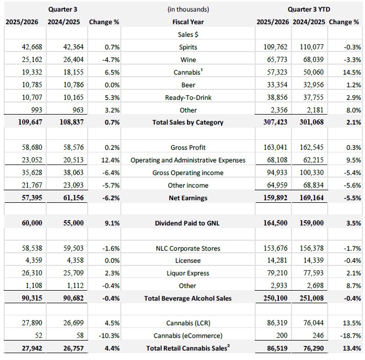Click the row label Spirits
click(x=187, y=47)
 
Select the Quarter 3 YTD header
click(x=309, y=9)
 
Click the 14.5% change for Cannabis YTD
click(x=350, y=72)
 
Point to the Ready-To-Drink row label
click(x=187, y=97)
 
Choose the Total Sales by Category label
click(x=187, y=122)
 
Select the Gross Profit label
click(x=187, y=148)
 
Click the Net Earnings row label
click(x=187, y=198)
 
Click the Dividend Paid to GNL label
click(x=187, y=223)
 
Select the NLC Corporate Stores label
click(x=187, y=248)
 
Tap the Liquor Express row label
click(x=187, y=273)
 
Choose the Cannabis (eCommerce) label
click(x=187, y=336)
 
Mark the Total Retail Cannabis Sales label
click(x=187, y=348)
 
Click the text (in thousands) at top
click(x=187, y=9)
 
